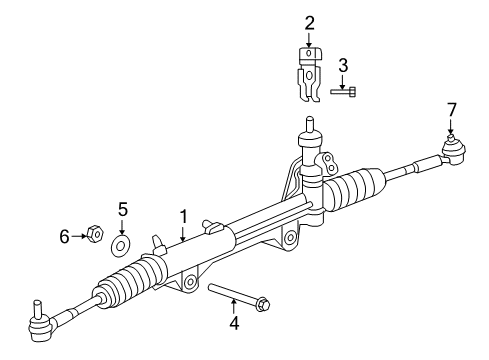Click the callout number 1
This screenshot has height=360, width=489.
coord(183,215)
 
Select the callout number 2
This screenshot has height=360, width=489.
coord(309,22)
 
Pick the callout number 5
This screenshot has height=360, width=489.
coord(123,209)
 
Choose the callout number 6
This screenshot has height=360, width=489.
coord(63,236)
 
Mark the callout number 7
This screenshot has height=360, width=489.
coord(451,108)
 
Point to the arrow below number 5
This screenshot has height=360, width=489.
coord(123,225)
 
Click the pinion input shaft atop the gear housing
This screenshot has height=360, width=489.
coord(308,127)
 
